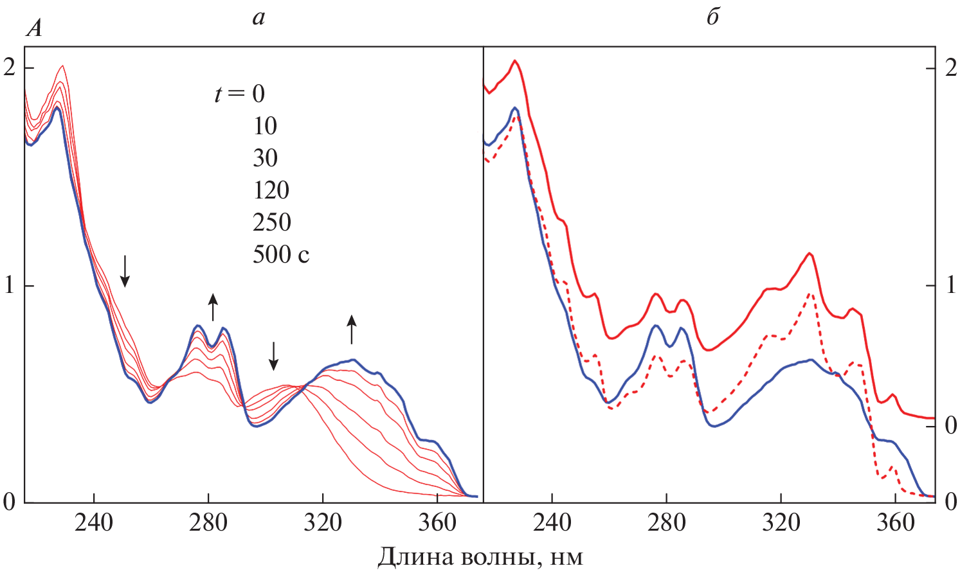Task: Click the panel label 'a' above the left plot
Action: [x=258, y=18]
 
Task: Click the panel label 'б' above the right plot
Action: [x=712, y=17]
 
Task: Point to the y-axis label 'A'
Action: [x=34, y=30]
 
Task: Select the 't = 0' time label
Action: [x=240, y=94]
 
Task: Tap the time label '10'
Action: [x=265, y=126]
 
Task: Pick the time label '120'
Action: [x=271, y=190]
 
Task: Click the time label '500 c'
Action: [x=281, y=254]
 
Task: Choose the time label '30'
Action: [x=265, y=158]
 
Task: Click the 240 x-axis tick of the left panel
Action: [x=94, y=522]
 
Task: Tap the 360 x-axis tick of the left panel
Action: [x=437, y=522]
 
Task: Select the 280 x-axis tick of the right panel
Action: [x=666, y=522]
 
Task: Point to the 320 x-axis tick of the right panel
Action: [x=781, y=522]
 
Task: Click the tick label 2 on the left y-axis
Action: [x=10, y=67]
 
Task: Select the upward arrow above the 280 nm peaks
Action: [x=213, y=306]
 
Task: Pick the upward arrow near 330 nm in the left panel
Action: [x=351, y=329]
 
